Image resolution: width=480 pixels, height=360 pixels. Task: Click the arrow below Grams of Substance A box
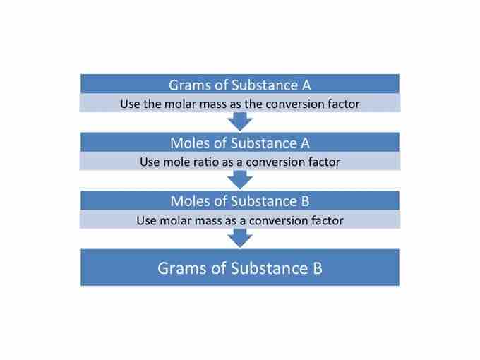click(240, 121)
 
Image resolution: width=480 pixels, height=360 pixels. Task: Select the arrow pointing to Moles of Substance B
click(240, 180)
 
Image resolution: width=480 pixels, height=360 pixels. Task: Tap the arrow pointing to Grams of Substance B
click(240, 238)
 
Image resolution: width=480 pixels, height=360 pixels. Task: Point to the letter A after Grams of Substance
click(306, 85)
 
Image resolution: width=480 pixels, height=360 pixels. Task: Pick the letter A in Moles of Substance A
click(305, 143)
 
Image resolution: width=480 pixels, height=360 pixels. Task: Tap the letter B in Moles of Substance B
click(305, 201)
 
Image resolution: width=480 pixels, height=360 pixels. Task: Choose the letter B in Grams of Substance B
click(318, 268)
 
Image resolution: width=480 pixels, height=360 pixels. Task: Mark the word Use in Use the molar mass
click(130, 104)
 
